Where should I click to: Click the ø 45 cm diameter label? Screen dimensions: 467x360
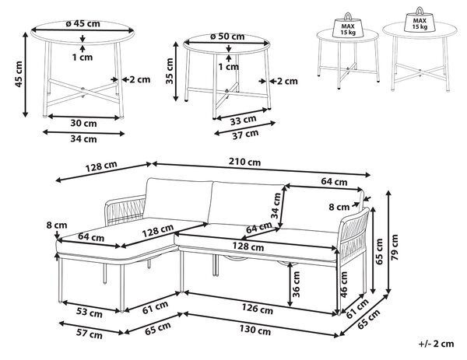click(83, 23)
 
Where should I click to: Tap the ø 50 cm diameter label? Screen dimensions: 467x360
click(227, 37)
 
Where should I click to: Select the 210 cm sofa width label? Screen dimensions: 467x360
click(244, 162)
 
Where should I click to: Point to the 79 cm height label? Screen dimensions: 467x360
click(395, 247)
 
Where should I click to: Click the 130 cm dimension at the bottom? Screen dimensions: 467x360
click(255, 330)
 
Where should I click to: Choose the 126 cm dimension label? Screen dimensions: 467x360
click(258, 309)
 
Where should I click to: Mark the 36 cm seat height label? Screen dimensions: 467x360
click(296, 285)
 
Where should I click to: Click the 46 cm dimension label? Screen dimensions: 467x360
click(344, 285)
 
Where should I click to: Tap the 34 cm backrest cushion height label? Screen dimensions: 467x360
click(276, 205)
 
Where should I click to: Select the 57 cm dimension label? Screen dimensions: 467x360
click(90, 334)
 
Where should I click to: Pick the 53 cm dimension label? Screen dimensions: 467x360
click(90, 313)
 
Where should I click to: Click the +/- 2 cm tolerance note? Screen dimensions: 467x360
click(437, 344)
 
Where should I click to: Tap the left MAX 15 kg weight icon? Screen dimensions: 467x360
click(348, 26)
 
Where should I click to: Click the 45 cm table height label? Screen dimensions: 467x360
click(19, 74)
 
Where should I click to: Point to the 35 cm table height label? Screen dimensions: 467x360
click(170, 71)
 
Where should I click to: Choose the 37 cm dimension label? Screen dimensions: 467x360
click(245, 135)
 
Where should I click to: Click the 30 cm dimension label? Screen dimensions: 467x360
click(84, 123)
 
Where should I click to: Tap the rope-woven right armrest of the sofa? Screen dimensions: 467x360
click(353, 237)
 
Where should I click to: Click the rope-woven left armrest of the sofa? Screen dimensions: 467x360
click(125, 210)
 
